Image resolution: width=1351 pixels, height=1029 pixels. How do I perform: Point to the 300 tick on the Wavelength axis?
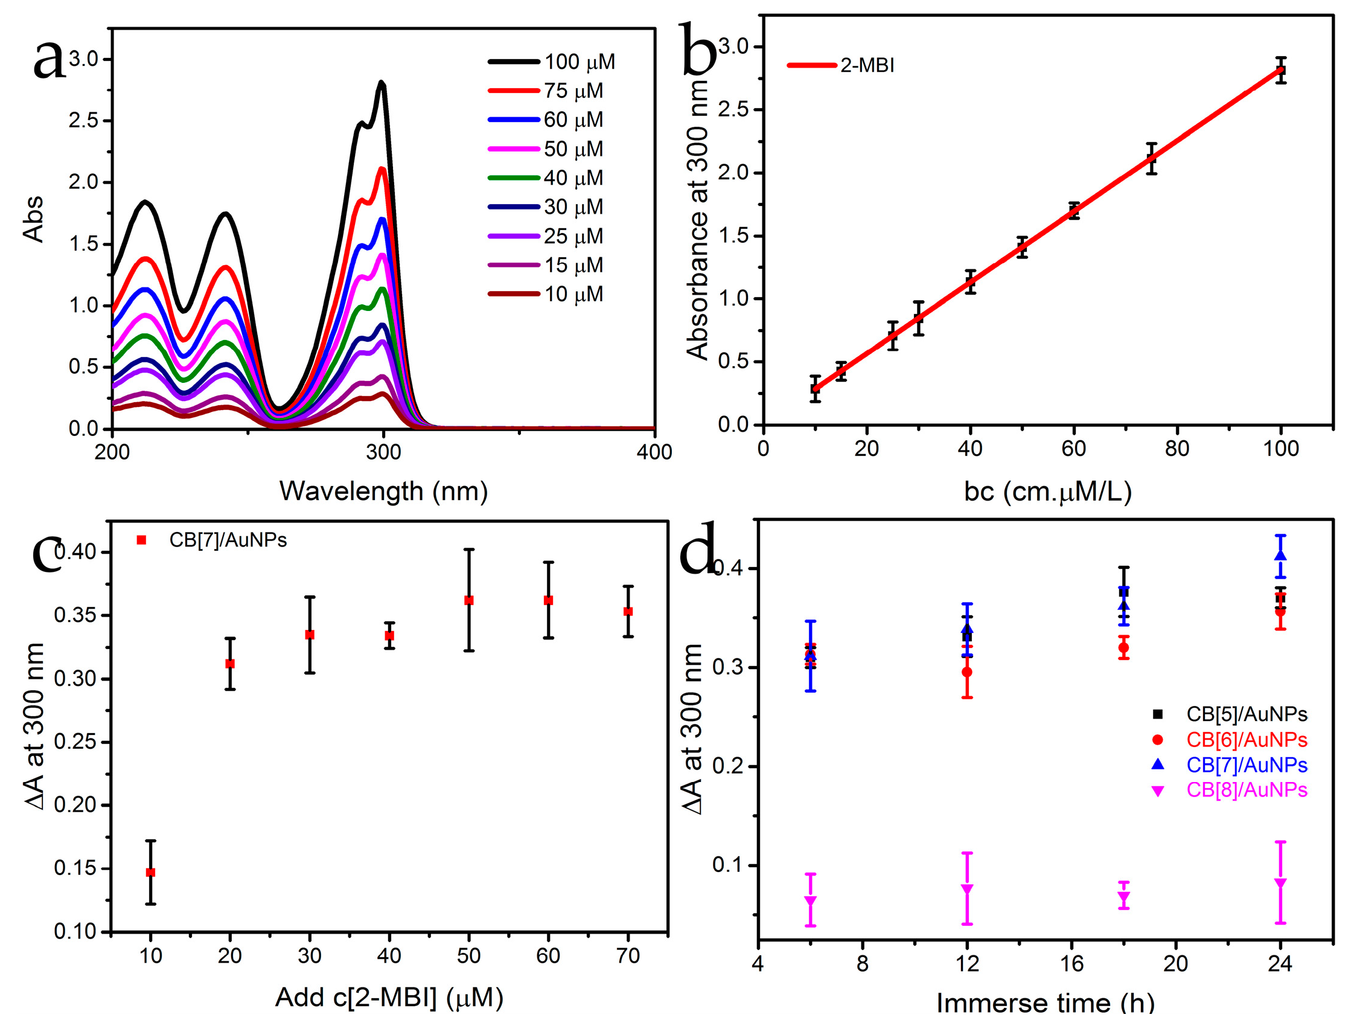point(383,452)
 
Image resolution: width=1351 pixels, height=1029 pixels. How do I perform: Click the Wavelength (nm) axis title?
point(383,490)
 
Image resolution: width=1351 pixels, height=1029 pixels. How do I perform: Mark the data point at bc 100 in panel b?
point(1280,71)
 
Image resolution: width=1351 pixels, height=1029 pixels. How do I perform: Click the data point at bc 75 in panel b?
point(1151,159)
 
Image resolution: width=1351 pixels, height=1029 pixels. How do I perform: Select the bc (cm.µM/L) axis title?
point(1047,490)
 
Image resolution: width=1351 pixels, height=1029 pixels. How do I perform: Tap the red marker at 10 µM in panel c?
point(150,872)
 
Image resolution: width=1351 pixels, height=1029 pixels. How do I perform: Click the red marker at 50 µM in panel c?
point(469,600)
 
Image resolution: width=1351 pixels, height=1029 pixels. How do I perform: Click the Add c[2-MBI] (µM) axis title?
point(389,998)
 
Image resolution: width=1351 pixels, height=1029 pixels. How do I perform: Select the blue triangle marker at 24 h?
point(1280,555)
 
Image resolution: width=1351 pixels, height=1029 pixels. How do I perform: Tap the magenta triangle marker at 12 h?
point(967,890)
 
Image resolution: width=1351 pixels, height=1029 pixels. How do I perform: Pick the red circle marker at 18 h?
point(1123,647)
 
